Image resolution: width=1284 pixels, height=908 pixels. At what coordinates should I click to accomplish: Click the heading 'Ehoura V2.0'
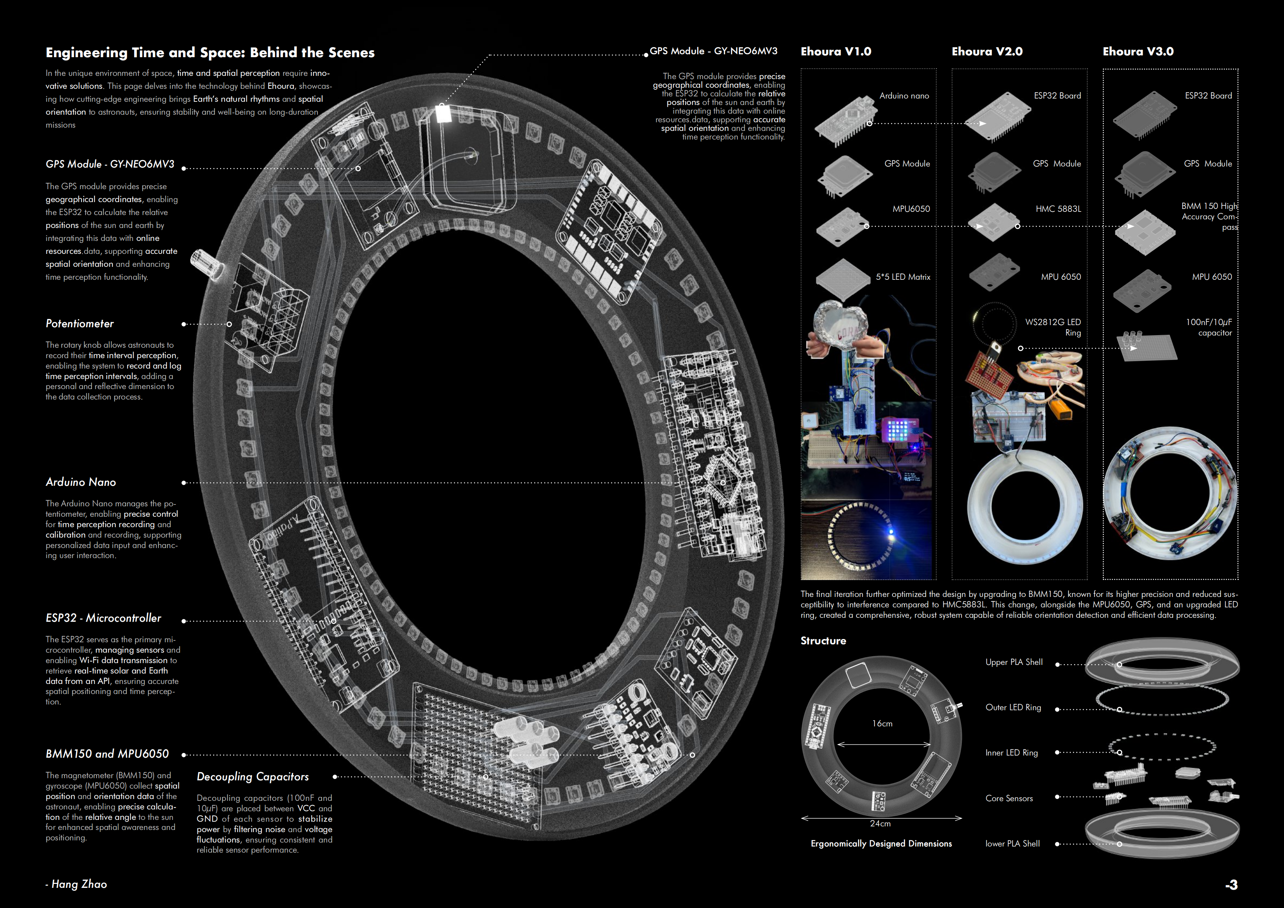(x=987, y=51)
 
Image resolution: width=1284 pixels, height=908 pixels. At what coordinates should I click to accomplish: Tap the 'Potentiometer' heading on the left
(x=79, y=323)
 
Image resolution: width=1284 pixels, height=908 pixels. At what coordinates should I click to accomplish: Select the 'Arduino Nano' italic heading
(x=81, y=482)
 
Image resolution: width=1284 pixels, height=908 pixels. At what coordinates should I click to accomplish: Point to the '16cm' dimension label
(x=882, y=724)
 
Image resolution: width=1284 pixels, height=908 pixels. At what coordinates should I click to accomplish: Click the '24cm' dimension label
(x=880, y=823)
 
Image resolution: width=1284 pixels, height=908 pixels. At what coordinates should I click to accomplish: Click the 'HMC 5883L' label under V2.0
(x=1058, y=209)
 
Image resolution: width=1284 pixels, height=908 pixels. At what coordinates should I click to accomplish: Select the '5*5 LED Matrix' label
(x=903, y=277)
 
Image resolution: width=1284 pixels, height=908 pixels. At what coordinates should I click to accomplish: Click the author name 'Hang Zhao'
(x=79, y=884)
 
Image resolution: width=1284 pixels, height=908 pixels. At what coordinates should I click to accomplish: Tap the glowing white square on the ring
(x=443, y=114)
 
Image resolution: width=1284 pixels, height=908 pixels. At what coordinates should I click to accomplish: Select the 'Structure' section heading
(x=823, y=640)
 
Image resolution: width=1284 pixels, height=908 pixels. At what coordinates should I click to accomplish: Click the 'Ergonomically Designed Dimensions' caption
(x=881, y=843)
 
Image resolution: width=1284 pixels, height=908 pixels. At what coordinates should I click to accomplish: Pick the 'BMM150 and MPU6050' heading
(x=107, y=754)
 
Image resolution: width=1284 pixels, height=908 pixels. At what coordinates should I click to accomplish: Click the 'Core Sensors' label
(x=1009, y=798)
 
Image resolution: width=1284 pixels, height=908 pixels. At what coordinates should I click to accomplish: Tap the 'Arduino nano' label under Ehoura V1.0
(x=904, y=96)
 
